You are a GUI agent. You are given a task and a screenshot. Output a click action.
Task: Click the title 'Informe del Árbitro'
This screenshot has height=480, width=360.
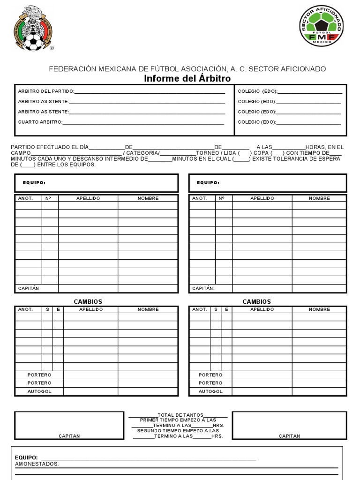click(x=187, y=79)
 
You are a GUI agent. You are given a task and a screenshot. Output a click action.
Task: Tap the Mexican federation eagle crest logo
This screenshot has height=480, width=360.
click(x=33, y=28)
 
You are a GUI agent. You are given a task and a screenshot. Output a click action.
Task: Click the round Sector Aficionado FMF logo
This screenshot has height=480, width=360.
click(x=321, y=26)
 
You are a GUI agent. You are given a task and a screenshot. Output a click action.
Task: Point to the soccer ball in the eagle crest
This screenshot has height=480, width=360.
click(x=33, y=43)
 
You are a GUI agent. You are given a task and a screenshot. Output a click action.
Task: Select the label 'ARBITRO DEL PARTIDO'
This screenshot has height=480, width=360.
click(x=45, y=91)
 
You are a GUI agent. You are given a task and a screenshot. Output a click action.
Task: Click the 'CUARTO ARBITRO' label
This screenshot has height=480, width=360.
click(x=40, y=122)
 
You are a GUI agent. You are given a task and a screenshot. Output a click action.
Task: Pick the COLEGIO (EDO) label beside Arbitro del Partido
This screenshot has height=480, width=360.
click(x=257, y=91)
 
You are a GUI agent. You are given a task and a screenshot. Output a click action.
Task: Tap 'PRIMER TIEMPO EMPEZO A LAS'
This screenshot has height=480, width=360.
click(x=178, y=420)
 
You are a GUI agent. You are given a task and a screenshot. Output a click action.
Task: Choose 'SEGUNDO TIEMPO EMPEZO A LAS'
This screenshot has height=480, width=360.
click(x=178, y=430)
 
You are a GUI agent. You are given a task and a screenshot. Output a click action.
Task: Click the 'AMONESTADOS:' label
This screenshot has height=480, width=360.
click(x=37, y=464)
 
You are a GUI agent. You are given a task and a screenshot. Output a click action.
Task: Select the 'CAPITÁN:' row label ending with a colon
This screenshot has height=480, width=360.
click(x=203, y=288)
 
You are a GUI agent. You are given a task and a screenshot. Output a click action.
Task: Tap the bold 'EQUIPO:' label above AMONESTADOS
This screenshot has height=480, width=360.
click(x=26, y=457)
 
